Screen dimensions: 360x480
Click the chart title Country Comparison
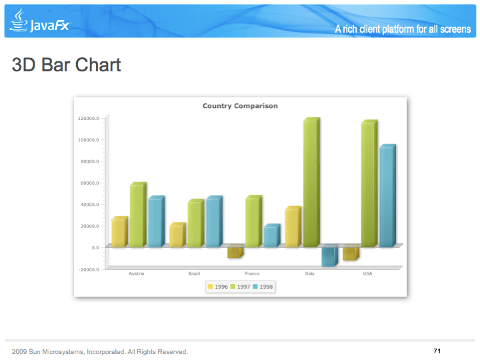click(240, 106)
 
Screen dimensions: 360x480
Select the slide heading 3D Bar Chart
click(66, 65)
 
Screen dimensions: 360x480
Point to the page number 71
click(437, 351)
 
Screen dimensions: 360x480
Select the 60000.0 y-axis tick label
click(89, 183)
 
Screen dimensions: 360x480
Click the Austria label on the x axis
click(137, 273)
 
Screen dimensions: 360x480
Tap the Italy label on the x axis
click(310, 273)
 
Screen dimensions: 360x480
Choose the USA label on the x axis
click(367, 273)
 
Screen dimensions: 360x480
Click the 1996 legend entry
click(217, 287)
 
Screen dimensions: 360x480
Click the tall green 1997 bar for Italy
click(311, 183)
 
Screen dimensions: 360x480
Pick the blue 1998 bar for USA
click(387, 197)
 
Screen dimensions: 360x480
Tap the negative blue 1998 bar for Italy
click(329, 256)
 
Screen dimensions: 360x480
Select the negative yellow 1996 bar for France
click(235, 252)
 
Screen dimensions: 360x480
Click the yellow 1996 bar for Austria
click(119, 233)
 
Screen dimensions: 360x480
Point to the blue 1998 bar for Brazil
click(213, 223)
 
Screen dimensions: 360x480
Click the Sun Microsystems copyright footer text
click(100, 351)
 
